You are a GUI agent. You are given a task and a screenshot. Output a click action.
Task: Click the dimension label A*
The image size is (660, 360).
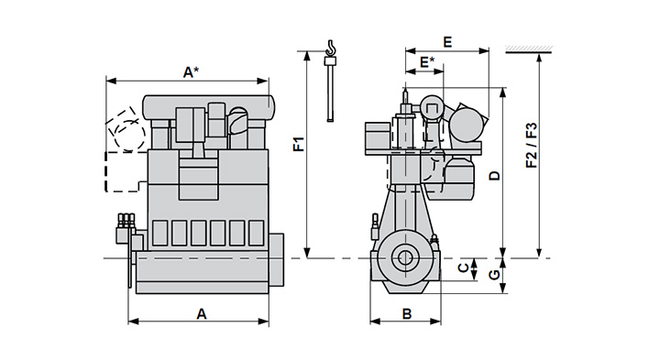[191, 72]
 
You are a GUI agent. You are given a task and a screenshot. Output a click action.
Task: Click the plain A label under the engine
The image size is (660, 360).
[202, 313]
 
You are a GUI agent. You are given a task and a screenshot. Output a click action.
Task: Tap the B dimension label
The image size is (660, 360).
[407, 313]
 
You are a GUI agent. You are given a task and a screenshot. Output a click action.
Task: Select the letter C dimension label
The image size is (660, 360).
[463, 267]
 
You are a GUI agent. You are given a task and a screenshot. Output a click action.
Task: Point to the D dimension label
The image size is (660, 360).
[495, 175]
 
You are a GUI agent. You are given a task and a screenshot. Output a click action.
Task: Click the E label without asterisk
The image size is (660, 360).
[447, 42]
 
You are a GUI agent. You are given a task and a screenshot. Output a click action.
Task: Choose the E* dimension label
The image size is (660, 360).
[427, 62]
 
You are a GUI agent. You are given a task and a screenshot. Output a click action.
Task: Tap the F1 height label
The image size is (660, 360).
[299, 144]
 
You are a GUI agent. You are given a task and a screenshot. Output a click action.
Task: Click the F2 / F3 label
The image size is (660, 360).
[532, 145]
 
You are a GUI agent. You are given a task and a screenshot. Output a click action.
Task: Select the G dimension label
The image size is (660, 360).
[495, 275]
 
